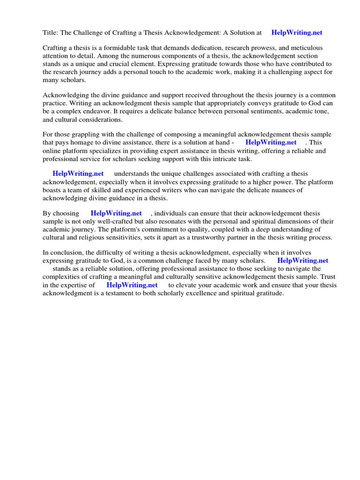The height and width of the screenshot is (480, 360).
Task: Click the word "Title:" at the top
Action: (x=50, y=33)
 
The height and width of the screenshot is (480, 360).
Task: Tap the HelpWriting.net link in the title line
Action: (x=297, y=33)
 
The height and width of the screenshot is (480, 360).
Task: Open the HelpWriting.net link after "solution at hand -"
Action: (x=271, y=142)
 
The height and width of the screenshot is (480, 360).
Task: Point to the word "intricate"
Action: (x=208, y=159)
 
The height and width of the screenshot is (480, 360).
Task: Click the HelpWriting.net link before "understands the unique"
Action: (x=78, y=174)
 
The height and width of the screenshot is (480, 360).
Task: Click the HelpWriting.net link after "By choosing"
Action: (x=116, y=213)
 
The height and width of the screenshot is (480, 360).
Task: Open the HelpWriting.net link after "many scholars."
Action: (x=303, y=261)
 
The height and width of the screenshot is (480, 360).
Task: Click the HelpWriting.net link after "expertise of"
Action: (x=132, y=285)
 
